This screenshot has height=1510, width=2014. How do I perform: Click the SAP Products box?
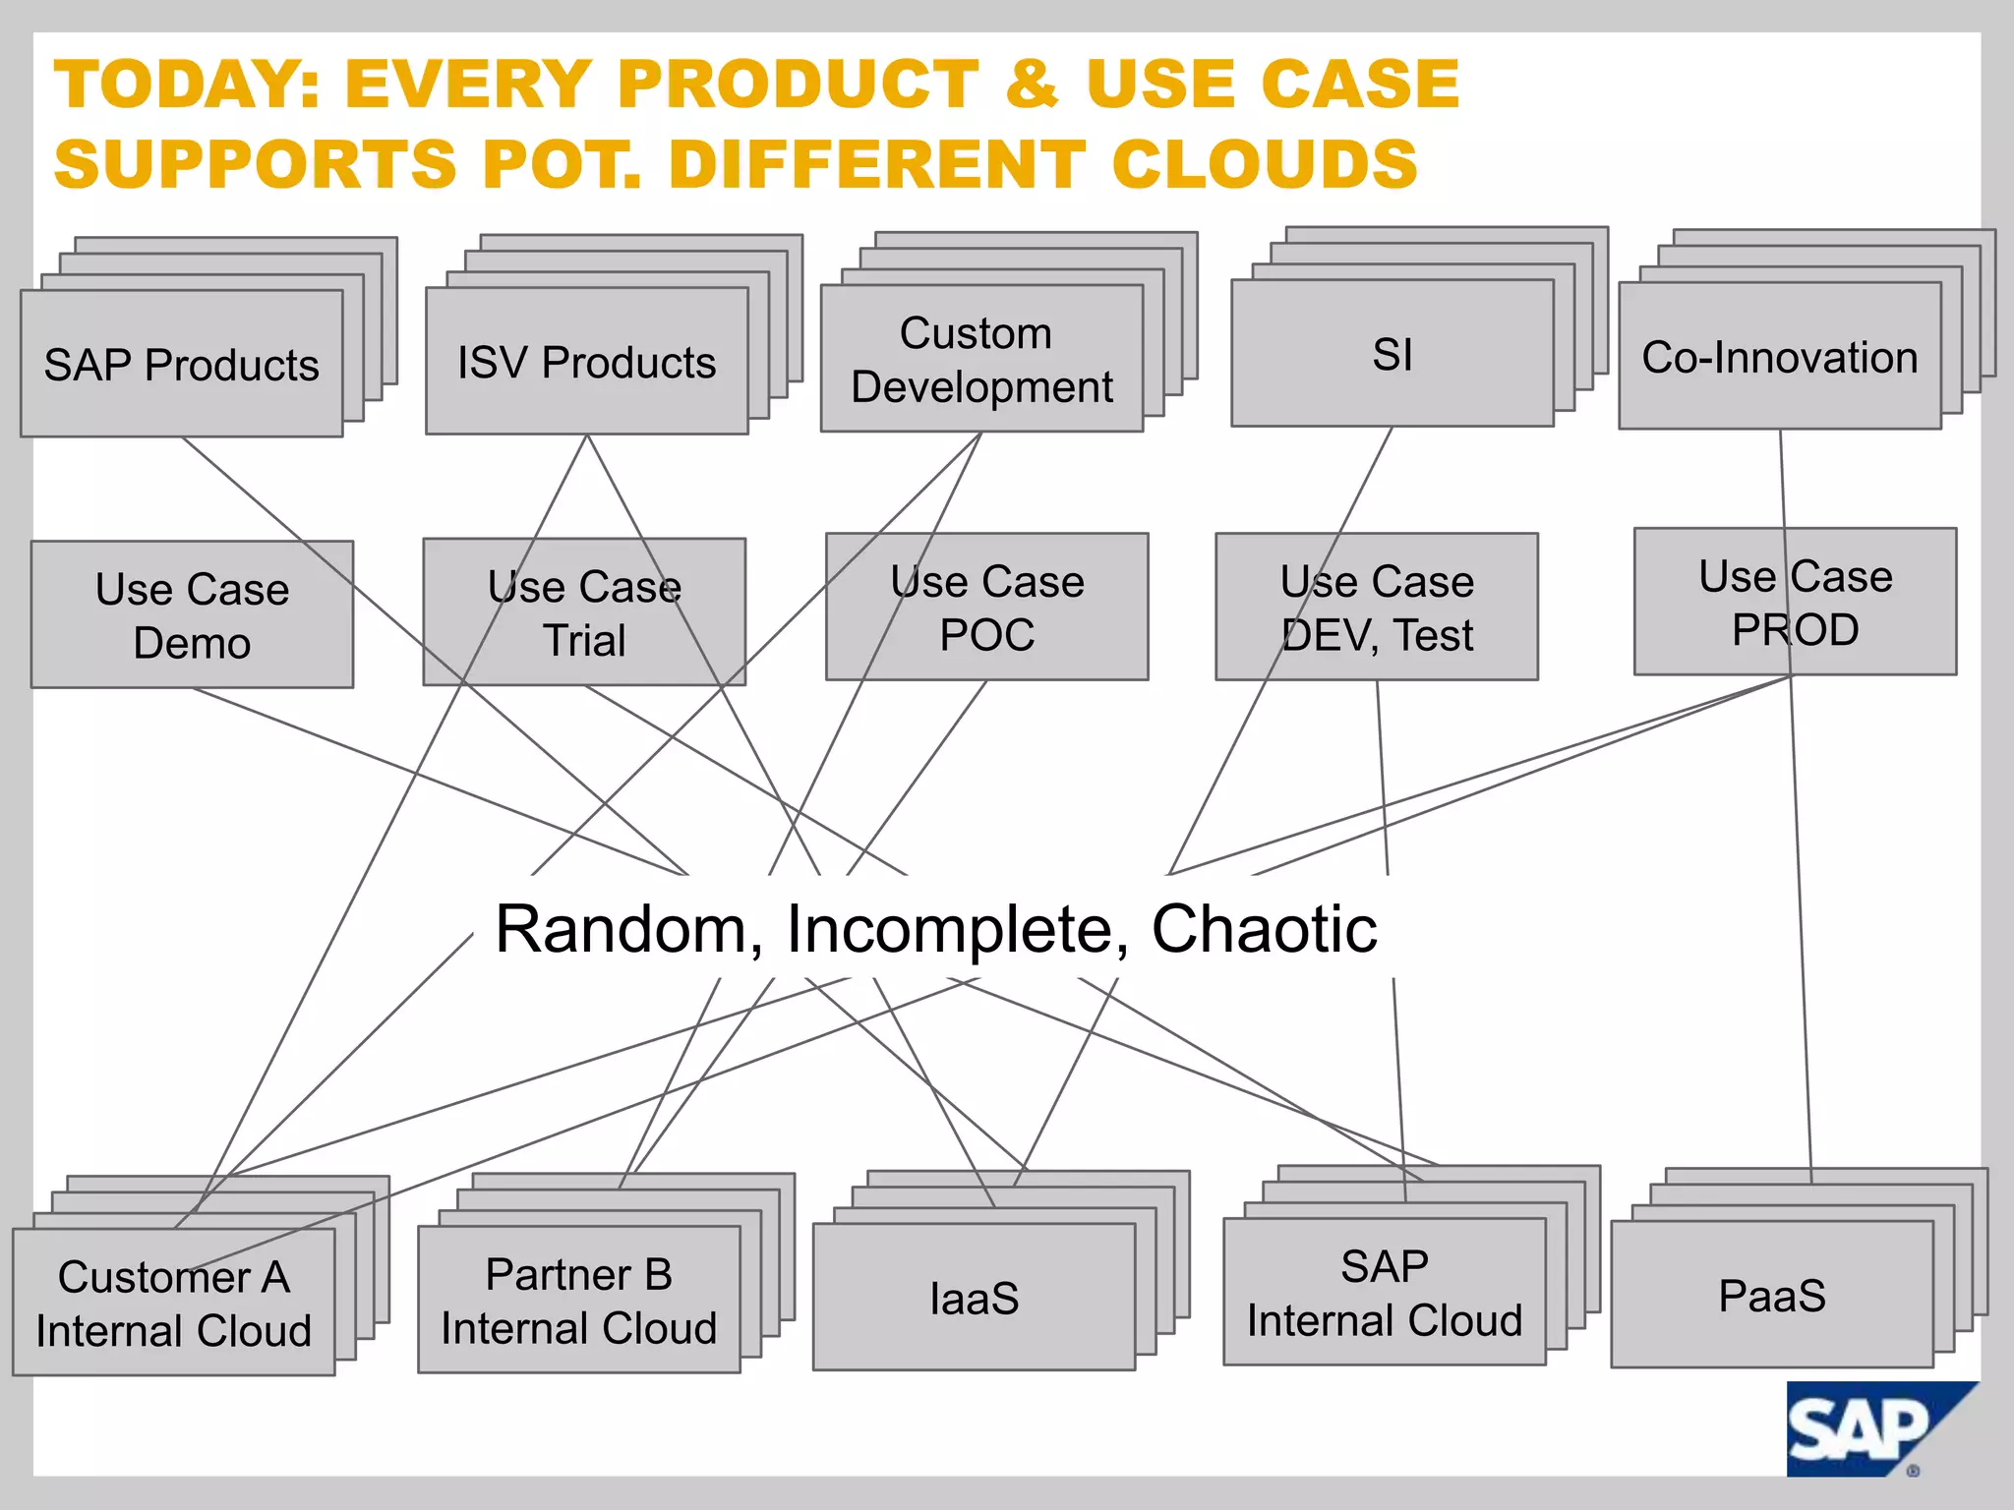(x=182, y=364)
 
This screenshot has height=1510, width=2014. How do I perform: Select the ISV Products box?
(x=587, y=361)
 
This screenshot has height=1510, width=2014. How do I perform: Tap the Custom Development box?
(x=981, y=359)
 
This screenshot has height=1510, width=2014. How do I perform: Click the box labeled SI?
(x=1392, y=354)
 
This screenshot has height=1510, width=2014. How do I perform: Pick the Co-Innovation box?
(x=1780, y=357)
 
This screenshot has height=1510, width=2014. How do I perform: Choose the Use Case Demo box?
(x=192, y=614)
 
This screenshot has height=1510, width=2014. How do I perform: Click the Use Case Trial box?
(x=584, y=612)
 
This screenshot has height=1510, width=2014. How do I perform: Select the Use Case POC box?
(x=986, y=608)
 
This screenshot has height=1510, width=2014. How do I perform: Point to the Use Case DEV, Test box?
(x=1377, y=608)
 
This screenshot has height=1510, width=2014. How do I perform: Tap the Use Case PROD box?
(x=1795, y=602)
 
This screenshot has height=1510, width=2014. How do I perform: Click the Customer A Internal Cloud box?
(x=174, y=1303)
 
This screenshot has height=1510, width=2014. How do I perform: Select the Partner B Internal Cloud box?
(x=579, y=1300)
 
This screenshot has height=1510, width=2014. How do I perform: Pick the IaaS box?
(x=974, y=1298)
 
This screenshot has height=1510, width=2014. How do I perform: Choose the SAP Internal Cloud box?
(x=1385, y=1293)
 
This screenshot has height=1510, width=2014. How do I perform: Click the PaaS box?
(x=1772, y=1295)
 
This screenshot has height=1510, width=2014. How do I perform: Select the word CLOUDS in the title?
(x=1265, y=164)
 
